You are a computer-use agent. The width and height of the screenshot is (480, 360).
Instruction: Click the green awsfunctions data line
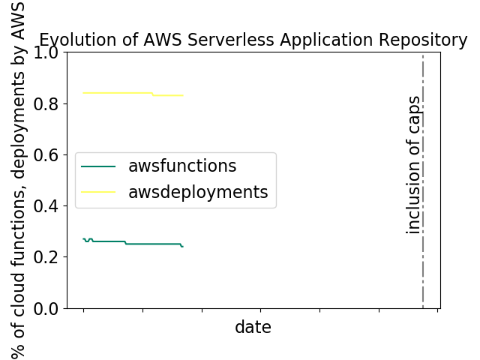pyautogui.click(x=133, y=244)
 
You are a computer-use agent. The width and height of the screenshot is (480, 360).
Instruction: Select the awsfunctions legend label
pyautogui.click(x=182, y=166)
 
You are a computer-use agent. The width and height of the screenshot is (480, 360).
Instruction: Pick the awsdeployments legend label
pyautogui.click(x=198, y=193)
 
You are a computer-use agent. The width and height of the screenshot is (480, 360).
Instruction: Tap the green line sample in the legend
pyautogui.click(x=98, y=166)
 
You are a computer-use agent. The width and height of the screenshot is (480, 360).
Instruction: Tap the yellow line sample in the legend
pyautogui.click(x=98, y=192)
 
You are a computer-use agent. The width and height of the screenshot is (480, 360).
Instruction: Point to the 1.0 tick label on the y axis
pyautogui.click(x=46, y=52)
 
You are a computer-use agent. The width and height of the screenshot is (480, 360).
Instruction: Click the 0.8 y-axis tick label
pyautogui.click(x=46, y=104)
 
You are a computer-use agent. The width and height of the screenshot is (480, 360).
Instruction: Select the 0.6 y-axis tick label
pyautogui.click(x=46, y=155)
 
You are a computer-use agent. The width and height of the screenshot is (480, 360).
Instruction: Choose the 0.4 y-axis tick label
pyautogui.click(x=46, y=206)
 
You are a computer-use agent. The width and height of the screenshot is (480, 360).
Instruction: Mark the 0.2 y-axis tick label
pyautogui.click(x=46, y=257)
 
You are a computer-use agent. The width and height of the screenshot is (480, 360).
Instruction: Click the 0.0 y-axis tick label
pyautogui.click(x=46, y=308)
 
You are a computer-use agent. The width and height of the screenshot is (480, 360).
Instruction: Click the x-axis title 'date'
pyautogui.click(x=253, y=327)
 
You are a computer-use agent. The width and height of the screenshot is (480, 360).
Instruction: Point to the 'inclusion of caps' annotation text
pyautogui.click(x=413, y=165)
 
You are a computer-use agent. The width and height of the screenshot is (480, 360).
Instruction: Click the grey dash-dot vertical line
pyautogui.click(x=423, y=181)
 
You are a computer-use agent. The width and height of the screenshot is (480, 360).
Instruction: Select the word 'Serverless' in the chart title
pyautogui.click(x=231, y=40)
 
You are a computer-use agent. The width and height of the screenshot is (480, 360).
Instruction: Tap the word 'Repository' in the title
pyautogui.click(x=423, y=40)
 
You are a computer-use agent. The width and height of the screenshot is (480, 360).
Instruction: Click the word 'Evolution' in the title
pyautogui.click(x=78, y=40)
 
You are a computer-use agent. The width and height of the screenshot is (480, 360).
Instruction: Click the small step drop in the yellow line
pyautogui.click(x=153, y=94)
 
